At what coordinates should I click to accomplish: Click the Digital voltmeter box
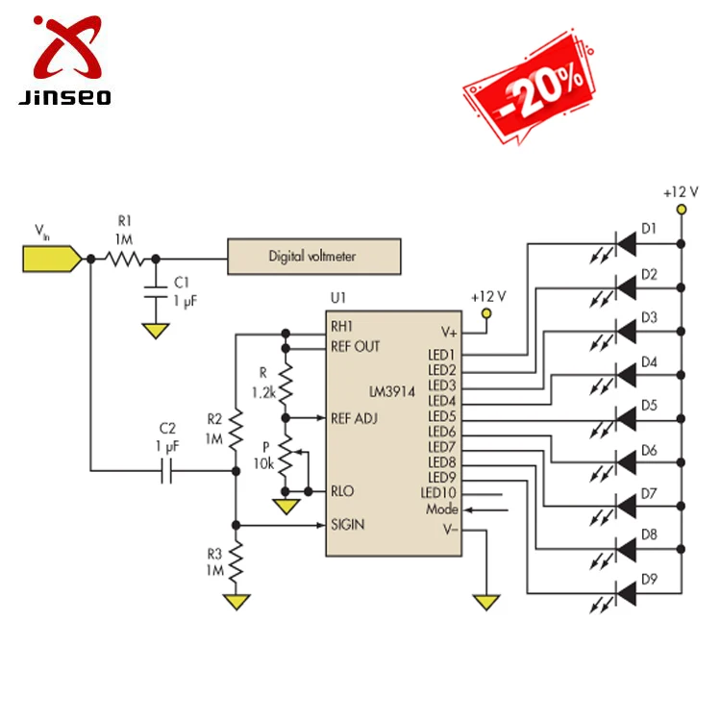pos(312,257)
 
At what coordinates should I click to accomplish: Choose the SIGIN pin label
pos(348,526)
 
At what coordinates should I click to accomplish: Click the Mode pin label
pos(442,510)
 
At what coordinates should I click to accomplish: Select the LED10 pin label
pos(439,493)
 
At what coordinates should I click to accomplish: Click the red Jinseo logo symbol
pos(64,48)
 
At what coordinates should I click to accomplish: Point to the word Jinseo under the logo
pos(64,97)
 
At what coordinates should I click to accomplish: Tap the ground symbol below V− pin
pos(486,602)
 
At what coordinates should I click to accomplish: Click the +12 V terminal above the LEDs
pos(681,209)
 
